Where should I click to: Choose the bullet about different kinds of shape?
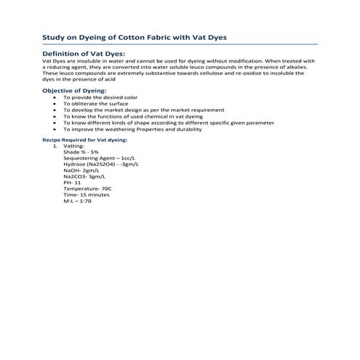tap(160, 123)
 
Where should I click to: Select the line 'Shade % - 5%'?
tap(80, 151)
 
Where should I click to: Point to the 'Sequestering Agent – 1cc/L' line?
tap(98, 158)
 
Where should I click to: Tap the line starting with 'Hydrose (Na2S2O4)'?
tap(101, 164)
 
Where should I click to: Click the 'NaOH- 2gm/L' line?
tap(81, 170)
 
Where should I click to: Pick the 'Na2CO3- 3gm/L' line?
tap(83, 177)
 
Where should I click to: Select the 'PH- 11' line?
tap(73, 183)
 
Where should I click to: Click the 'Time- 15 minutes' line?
tap(87, 195)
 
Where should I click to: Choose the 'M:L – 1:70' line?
tap(78, 201)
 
